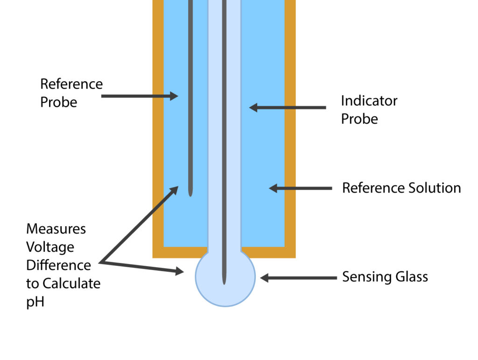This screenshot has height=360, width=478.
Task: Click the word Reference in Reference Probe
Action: [71, 84]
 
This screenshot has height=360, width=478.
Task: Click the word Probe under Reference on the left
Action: [58, 102]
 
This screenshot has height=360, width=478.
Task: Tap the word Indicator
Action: [369, 101]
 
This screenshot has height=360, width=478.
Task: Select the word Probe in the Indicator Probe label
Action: [359, 119]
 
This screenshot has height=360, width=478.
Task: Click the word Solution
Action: [432, 188]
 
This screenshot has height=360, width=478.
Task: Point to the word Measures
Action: [56, 229]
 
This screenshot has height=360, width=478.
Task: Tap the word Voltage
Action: [50, 247]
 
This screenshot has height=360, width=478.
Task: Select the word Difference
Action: [58, 265]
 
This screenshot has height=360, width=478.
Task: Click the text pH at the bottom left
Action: [35, 301]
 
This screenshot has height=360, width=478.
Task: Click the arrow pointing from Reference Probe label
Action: [140, 96]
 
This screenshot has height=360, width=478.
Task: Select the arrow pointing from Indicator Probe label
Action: [287, 108]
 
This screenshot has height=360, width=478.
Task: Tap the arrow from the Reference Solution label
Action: [301, 188]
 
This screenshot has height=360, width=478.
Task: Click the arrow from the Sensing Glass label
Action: [298, 278]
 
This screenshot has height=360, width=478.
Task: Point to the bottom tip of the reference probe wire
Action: [190, 193]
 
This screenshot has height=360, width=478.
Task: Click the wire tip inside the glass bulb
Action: [225, 281]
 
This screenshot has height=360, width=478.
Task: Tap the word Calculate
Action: [71, 283]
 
